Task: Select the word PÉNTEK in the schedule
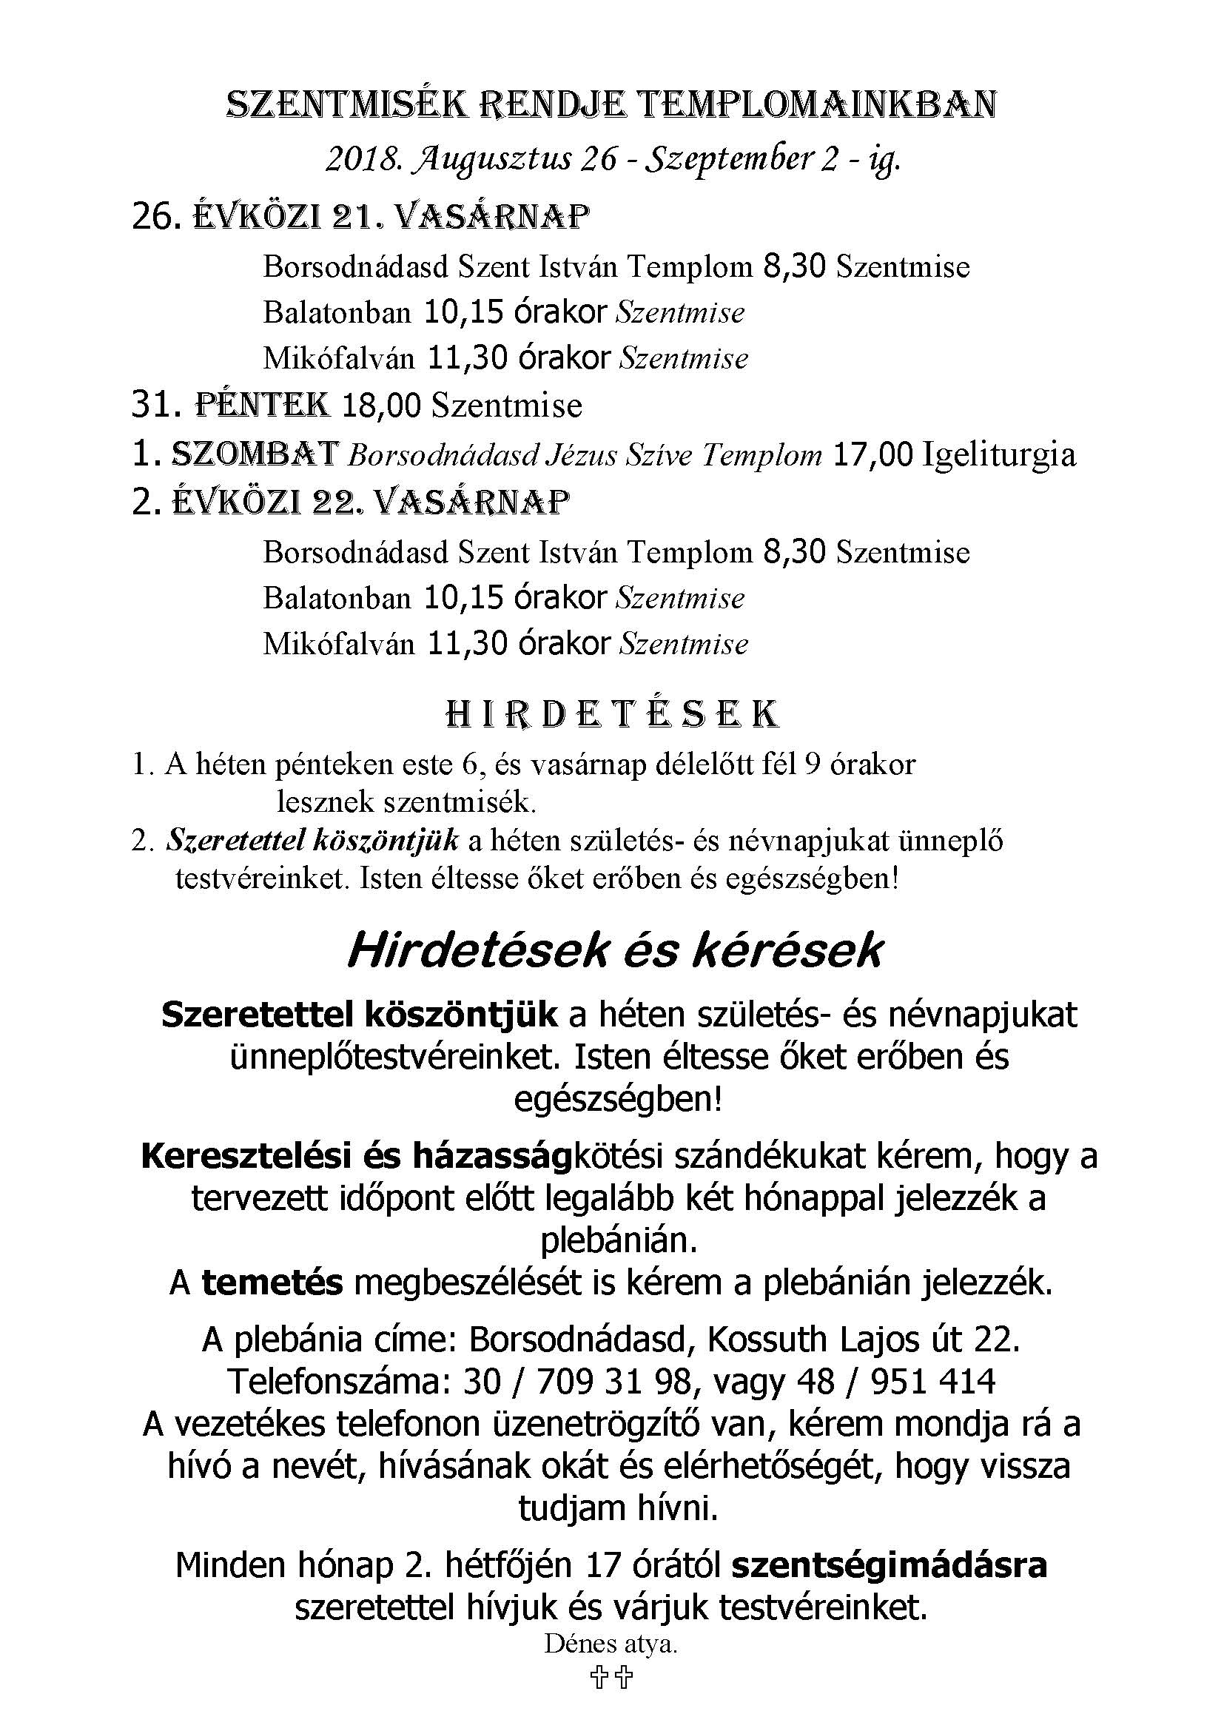click(x=262, y=405)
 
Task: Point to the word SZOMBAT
click(x=255, y=453)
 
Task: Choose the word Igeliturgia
click(x=1001, y=454)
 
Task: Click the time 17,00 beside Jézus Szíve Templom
click(x=873, y=454)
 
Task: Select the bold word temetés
click(x=272, y=1281)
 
